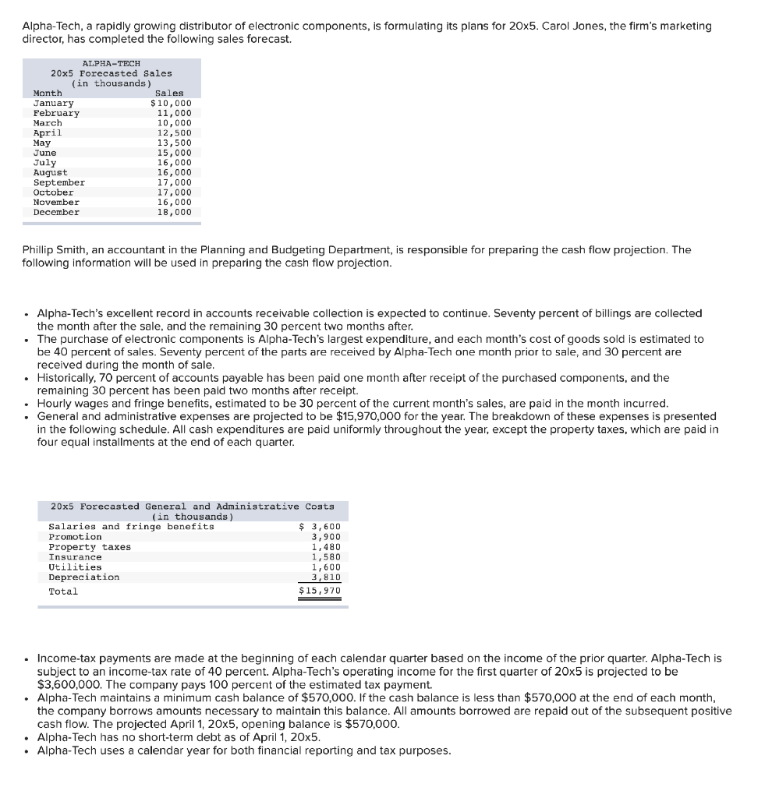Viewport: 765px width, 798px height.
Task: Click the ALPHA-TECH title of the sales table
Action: point(111,63)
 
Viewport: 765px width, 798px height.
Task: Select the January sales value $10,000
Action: point(170,103)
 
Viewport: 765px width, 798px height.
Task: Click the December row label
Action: point(56,212)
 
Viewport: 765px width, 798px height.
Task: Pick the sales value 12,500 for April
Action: point(174,132)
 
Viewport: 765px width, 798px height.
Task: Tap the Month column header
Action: point(48,93)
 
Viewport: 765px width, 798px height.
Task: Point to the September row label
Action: point(59,182)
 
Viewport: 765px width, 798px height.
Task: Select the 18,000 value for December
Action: point(174,212)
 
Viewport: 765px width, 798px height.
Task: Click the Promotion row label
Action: point(75,537)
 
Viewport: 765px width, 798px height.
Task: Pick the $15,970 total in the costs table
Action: point(320,591)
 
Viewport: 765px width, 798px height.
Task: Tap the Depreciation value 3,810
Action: point(326,577)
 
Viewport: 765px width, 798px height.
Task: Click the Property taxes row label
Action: point(90,547)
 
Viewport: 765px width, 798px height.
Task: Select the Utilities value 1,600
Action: point(326,567)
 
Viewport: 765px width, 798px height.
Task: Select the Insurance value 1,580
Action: point(326,557)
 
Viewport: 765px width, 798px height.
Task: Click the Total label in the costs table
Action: point(63,591)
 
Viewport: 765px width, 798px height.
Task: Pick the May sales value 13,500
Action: point(174,143)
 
